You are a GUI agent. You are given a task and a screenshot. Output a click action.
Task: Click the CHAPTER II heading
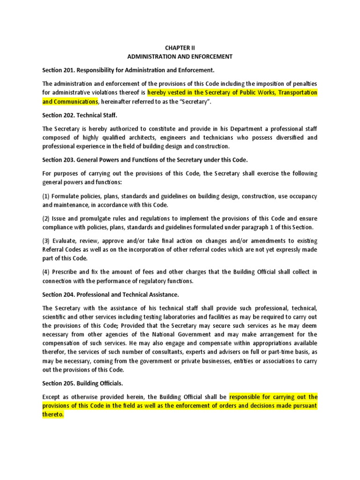coord(180,47)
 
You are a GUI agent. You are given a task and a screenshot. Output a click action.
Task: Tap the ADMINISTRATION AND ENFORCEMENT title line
coord(180,56)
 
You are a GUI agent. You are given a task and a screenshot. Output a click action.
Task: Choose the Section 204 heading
coord(111,294)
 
